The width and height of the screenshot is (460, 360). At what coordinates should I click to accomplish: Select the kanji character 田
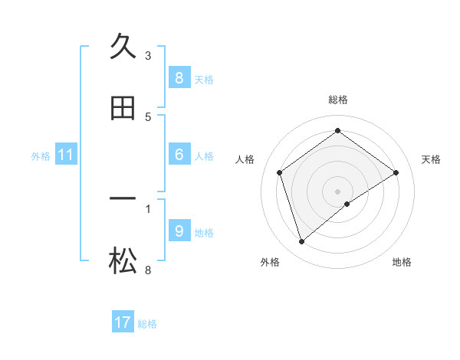click(123, 109)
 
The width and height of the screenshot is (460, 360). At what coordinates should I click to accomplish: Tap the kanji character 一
click(123, 199)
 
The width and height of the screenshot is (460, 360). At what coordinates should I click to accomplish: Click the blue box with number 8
click(179, 77)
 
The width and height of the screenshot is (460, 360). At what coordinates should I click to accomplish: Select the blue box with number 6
click(179, 155)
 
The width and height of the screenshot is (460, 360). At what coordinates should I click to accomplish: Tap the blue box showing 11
click(66, 155)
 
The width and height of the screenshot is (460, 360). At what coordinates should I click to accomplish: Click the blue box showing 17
click(123, 322)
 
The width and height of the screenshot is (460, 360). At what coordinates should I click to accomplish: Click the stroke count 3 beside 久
click(148, 55)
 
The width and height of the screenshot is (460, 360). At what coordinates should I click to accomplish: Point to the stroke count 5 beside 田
click(148, 116)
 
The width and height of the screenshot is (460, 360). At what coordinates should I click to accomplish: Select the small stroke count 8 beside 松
click(148, 270)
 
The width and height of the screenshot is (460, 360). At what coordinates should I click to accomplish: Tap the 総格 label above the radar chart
click(338, 100)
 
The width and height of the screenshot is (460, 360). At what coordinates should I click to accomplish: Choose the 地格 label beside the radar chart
click(402, 262)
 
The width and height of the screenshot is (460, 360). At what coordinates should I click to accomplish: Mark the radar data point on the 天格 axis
click(396, 172)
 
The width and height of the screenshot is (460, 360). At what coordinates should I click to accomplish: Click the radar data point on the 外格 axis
click(302, 242)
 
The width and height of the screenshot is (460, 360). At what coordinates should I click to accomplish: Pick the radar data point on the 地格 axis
click(347, 204)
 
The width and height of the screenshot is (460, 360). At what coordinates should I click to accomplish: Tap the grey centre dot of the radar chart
click(338, 191)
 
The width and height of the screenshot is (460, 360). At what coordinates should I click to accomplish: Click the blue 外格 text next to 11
click(40, 156)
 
